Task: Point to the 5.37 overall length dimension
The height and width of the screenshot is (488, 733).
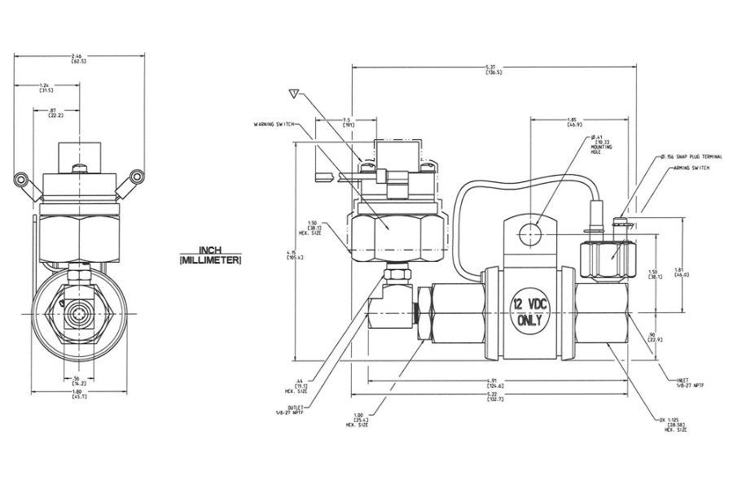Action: [x=494, y=69]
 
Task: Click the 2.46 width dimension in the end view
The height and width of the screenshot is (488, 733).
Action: [x=80, y=58]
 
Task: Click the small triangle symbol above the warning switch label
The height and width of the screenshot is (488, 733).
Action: [x=296, y=92]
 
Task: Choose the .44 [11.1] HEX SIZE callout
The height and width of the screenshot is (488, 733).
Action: [x=303, y=384]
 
